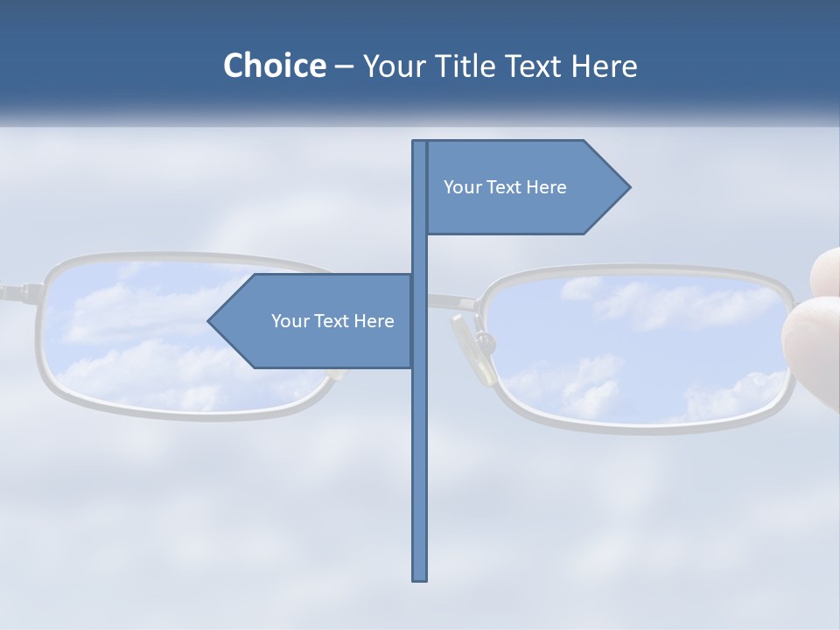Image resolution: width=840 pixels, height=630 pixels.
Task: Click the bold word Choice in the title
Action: pos(274,66)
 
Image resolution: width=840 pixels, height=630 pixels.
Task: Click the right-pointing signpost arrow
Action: pos(525,186)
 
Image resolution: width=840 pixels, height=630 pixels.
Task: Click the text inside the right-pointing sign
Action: pos(505,187)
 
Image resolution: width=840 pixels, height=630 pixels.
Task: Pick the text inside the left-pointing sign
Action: pos(332,321)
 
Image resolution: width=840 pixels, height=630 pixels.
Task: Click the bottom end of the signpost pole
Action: pos(420,577)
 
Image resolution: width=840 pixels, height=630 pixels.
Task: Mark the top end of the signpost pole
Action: pos(420,143)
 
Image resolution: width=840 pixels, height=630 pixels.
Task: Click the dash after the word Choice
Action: pos(344,66)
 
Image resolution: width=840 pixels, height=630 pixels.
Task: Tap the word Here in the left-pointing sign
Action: pos(374,321)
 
